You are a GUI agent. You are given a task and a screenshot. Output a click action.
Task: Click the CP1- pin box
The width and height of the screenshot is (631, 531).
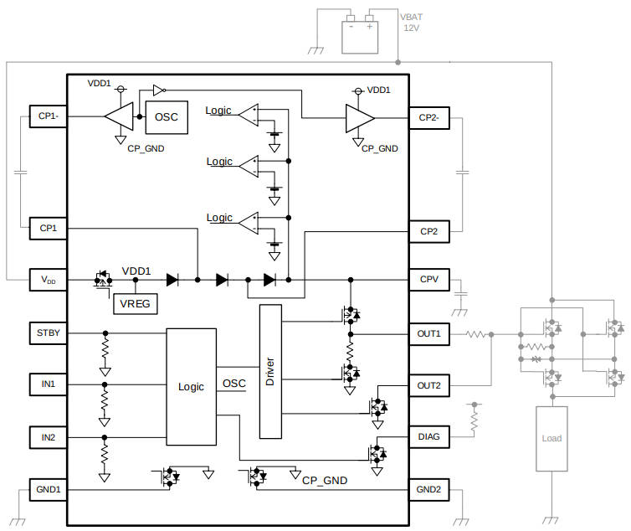pos(48,117)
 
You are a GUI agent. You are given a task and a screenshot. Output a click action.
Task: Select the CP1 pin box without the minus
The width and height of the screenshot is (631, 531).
pos(48,227)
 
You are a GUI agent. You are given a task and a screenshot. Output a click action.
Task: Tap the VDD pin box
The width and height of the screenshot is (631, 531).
pos(48,279)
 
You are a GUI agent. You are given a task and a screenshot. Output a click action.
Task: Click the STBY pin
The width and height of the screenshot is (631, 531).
pos(48,333)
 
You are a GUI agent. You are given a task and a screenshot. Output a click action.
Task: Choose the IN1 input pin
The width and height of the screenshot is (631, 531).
pos(48,384)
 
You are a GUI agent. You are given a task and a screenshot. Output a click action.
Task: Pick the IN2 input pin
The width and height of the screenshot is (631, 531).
pos(48,437)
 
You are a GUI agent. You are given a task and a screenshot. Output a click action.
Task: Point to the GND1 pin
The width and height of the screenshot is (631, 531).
pos(48,489)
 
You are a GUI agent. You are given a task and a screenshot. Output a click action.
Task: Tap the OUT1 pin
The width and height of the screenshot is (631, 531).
pos(429,334)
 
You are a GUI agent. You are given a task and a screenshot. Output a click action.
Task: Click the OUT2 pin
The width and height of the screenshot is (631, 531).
pos(429,385)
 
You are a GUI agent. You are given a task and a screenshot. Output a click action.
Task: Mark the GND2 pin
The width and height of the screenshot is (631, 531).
pos(429,489)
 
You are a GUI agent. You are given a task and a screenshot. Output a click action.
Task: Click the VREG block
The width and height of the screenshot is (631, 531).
pos(135,303)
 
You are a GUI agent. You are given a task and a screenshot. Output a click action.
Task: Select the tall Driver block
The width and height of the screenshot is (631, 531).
pos(270,371)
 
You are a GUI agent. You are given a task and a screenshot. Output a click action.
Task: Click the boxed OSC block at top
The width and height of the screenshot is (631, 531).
pos(167,116)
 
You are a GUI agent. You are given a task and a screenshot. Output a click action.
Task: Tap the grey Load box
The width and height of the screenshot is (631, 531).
pos(551,438)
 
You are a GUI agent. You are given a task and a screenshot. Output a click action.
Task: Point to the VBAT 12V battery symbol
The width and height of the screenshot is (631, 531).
pos(361,33)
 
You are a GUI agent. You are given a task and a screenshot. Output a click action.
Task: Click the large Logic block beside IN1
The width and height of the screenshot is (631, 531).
pos(191,386)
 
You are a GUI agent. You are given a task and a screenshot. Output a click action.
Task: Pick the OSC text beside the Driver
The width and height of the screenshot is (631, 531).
pos(234,384)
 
